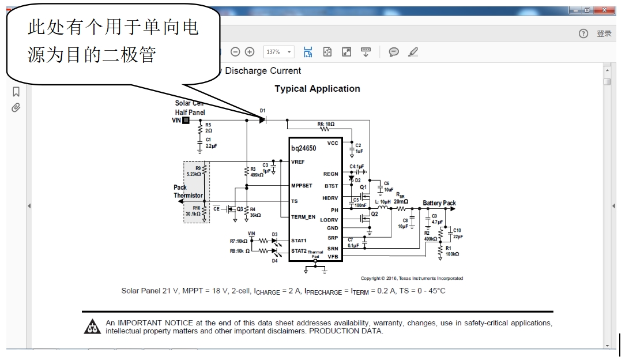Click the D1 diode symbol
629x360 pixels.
262,120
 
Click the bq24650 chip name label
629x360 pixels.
303,148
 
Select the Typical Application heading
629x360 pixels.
317,89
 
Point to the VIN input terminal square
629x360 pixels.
186,120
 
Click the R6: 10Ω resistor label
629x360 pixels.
326,124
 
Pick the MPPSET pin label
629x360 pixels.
302,186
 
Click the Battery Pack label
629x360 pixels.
439,203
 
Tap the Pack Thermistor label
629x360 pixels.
188,192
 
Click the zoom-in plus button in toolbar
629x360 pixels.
250,52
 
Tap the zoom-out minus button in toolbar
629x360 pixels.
235,52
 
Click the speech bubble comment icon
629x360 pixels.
394,52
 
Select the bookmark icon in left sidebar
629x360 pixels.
16,92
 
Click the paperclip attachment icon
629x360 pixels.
16,107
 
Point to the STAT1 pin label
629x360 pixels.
299,240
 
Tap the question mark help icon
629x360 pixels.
583,33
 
